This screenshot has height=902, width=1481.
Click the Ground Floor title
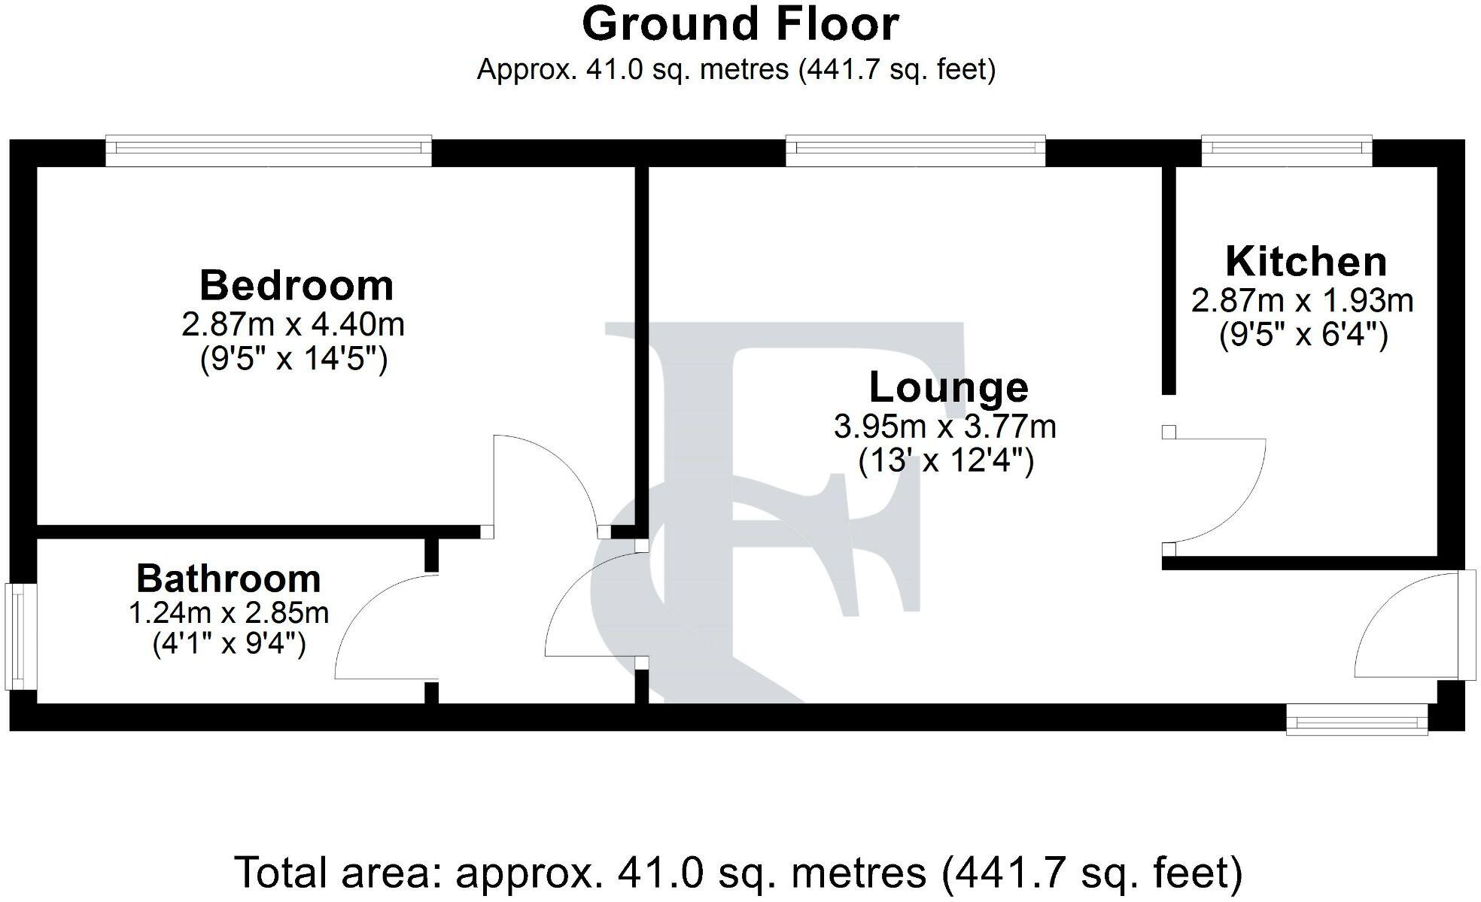tap(740, 24)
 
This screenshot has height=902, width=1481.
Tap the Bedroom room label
tap(297, 286)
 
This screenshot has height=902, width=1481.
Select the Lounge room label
tap(948, 387)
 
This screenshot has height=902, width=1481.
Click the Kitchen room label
tap(1306, 262)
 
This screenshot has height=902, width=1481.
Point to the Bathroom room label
tap(229, 579)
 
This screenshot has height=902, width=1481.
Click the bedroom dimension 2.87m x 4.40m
tap(293, 324)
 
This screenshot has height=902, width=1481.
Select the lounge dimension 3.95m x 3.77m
tap(945, 427)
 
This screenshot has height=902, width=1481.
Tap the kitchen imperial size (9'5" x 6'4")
tap(1303, 334)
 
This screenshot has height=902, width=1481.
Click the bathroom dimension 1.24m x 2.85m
tap(229, 613)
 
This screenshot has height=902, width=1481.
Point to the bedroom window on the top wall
tap(269, 151)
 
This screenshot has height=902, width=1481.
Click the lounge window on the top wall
tap(915, 151)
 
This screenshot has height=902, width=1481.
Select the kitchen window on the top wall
tap(1287, 151)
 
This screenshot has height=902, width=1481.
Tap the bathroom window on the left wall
tap(23, 636)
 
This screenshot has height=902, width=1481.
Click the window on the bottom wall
tap(1357, 720)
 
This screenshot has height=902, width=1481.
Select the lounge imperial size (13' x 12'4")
tap(946, 460)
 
